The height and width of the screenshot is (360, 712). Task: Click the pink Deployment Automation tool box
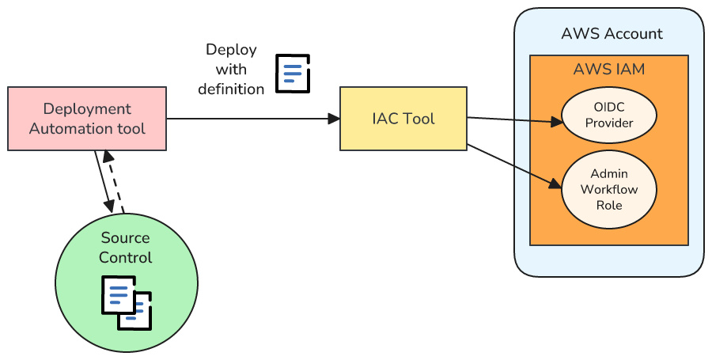click(87, 119)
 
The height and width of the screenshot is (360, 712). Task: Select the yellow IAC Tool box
click(403, 119)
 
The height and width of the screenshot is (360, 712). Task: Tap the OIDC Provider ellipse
click(609, 116)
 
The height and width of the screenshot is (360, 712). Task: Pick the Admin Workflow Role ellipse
click(609, 190)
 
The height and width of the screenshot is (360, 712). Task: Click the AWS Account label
click(612, 34)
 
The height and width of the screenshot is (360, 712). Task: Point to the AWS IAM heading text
click(609, 70)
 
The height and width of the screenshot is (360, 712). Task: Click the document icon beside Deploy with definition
click(292, 73)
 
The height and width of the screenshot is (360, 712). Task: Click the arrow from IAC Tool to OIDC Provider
click(514, 120)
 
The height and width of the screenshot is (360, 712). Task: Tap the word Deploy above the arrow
click(231, 50)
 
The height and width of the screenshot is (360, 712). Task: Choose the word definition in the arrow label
click(231, 89)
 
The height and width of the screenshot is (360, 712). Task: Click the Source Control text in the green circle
click(127, 248)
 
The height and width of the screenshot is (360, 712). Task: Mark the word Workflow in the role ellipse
click(609, 190)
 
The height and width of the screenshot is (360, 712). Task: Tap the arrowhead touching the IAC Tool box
click(335, 119)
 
